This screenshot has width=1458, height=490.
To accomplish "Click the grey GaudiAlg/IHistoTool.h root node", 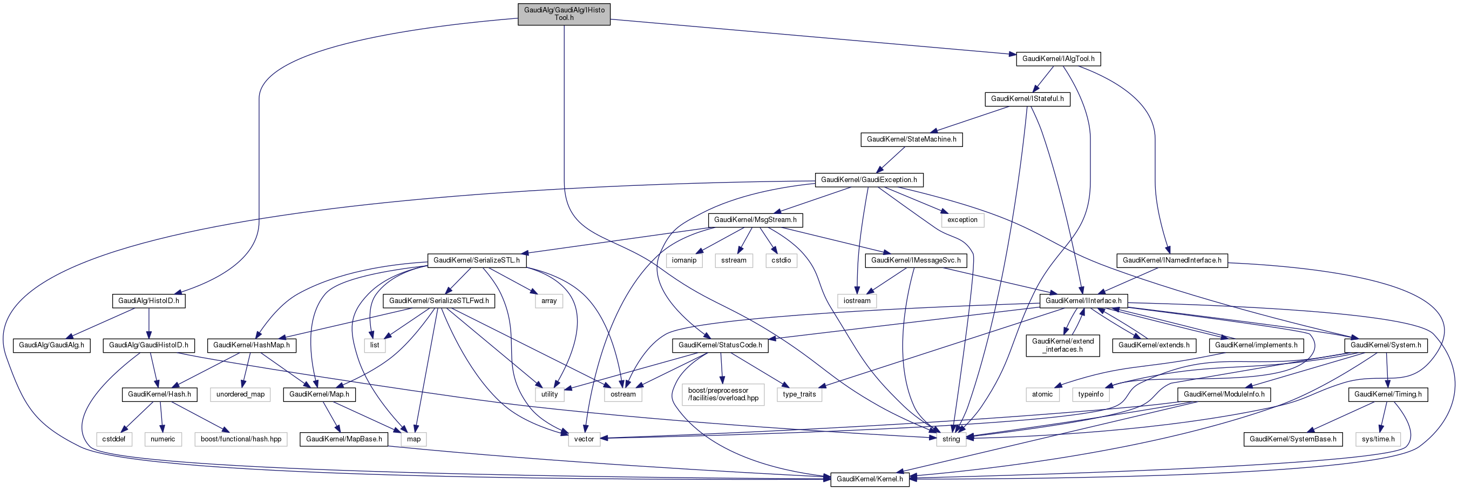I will [564, 14].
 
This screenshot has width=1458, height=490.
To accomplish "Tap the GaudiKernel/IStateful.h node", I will [1027, 98].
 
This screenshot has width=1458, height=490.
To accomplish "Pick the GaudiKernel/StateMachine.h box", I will [911, 139].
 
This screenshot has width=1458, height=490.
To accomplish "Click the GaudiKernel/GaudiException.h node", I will [868, 179].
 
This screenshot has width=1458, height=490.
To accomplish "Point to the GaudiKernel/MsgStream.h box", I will [755, 219].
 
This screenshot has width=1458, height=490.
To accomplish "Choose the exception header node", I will [962, 220].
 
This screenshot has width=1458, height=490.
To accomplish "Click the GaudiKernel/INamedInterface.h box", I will [1171, 260].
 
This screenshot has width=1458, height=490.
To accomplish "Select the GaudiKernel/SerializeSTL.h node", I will [476, 260].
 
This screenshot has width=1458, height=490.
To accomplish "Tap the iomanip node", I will [684, 260].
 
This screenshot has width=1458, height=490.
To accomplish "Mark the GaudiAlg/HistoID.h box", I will [148, 300].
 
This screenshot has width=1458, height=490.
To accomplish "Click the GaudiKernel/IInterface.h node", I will [1083, 300].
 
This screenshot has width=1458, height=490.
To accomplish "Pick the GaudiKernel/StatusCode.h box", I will [720, 345].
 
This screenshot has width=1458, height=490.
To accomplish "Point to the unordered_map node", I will [240, 394].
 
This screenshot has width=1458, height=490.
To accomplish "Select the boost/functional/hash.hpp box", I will [241, 439].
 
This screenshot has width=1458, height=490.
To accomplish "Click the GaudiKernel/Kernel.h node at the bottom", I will [870, 479].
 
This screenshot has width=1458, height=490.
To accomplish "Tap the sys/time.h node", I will [1378, 439].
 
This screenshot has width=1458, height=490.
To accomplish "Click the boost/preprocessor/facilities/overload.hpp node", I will [723, 394].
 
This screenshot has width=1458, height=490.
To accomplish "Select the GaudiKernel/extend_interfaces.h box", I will [1062, 345].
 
